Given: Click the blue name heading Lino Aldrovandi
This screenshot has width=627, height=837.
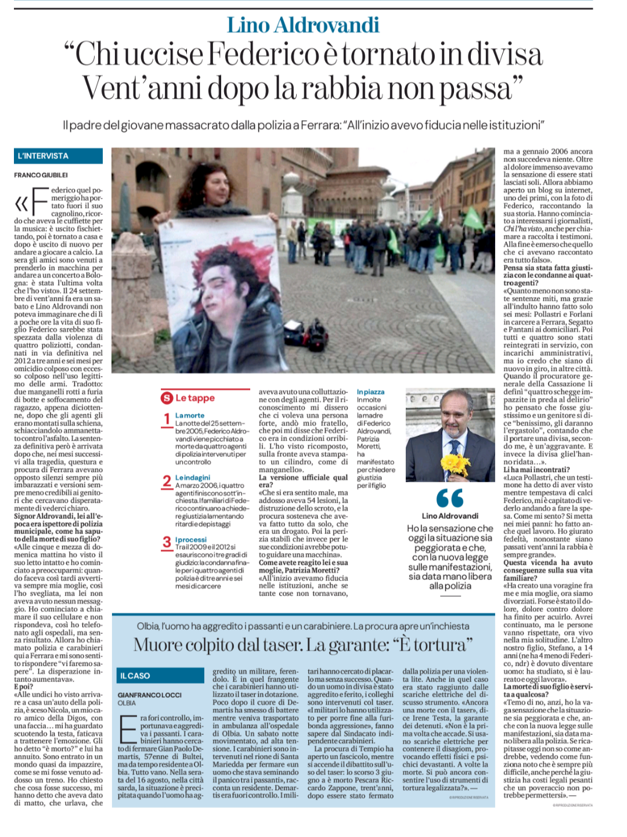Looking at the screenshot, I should tap(303, 25).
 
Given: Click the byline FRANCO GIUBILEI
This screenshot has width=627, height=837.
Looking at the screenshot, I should tap(41, 175).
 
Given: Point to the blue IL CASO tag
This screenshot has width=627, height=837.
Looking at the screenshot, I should tap(135, 676).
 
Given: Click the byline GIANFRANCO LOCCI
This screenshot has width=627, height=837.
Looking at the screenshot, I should tap(150, 694).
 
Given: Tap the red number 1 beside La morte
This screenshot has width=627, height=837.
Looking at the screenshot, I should tap(167, 419).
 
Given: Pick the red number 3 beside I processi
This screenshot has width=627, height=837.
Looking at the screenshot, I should tap(167, 542).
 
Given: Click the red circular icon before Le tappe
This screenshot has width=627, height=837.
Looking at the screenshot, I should tap(167, 398).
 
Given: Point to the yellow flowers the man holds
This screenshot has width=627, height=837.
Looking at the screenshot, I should tap(455, 464).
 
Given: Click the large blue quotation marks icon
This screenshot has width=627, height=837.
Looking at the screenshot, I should tap(450, 498).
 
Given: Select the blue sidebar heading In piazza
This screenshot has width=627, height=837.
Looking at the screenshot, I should tap(370, 392).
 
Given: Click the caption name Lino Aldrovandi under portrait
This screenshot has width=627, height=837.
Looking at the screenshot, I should tap(450, 515).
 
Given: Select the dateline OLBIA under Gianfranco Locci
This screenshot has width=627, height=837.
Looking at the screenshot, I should tap(127, 703).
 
